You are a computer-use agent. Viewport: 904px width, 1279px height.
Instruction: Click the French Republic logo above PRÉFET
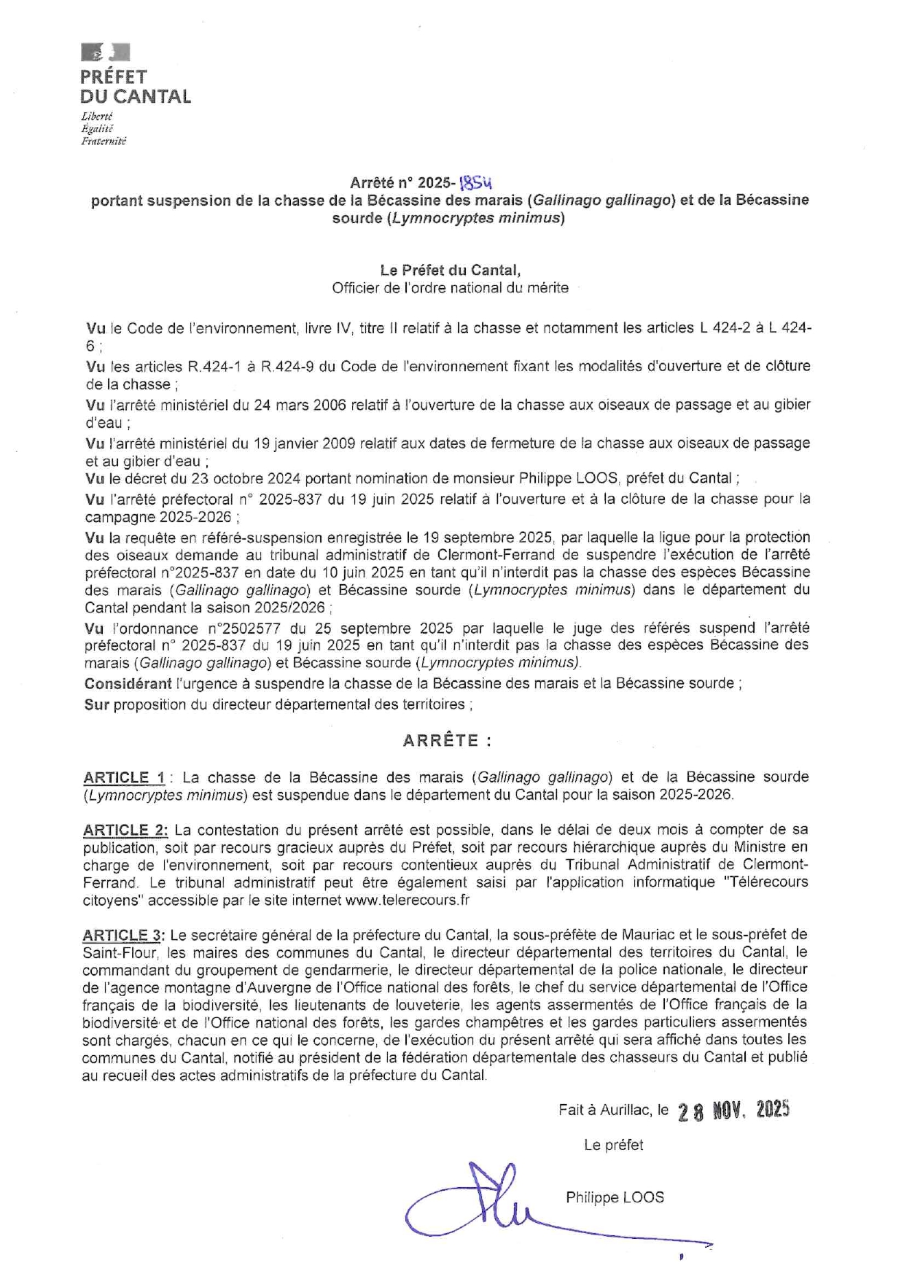point(105,53)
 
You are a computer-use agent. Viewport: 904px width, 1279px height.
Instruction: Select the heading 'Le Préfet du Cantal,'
point(450,270)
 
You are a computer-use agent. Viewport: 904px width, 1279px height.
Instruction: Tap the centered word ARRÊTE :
point(447,741)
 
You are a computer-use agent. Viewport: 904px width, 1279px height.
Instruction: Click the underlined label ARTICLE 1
point(125,777)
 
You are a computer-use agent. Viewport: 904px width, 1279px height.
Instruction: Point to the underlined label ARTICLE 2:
point(125,830)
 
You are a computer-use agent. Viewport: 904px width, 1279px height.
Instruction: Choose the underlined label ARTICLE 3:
point(124,935)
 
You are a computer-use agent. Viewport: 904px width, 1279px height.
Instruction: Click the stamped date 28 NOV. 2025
point(733,1111)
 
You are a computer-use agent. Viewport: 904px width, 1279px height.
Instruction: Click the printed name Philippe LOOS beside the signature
point(615,1197)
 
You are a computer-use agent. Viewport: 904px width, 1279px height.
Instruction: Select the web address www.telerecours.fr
point(408,900)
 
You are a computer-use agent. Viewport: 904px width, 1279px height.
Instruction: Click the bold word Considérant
point(128,684)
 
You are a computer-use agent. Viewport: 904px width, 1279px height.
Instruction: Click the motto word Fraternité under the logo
point(104,141)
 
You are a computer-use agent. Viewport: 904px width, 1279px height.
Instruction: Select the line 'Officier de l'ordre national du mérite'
point(450,288)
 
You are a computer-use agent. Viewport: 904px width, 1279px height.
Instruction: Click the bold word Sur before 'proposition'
point(96,704)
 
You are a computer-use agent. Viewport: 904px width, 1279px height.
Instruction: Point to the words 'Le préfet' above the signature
point(613,1146)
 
